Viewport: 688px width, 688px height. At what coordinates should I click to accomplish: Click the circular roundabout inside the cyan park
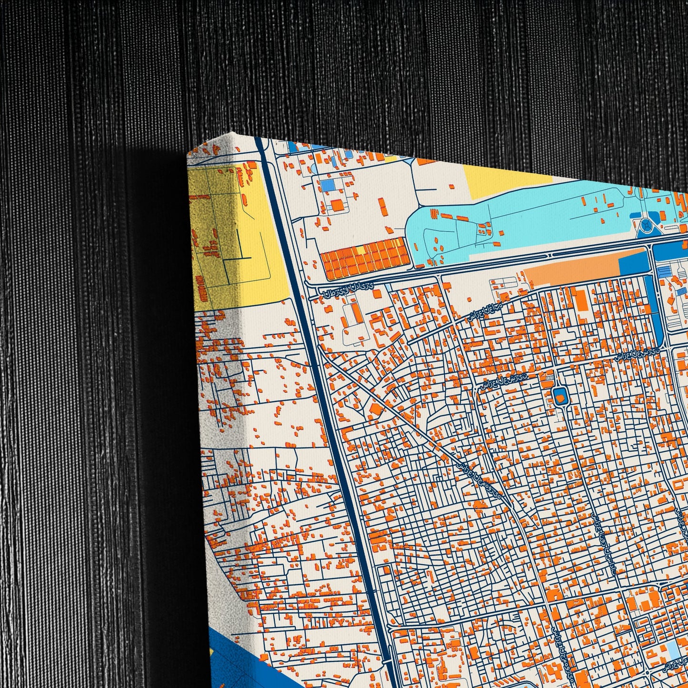(x=645, y=225)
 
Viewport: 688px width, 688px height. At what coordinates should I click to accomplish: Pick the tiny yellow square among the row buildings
(x=360, y=249)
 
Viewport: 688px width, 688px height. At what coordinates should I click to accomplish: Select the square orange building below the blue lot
(x=337, y=205)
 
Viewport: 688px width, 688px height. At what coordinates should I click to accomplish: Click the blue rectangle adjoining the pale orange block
(x=631, y=262)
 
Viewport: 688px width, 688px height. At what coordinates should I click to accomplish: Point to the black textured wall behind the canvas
(x=95, y=333)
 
